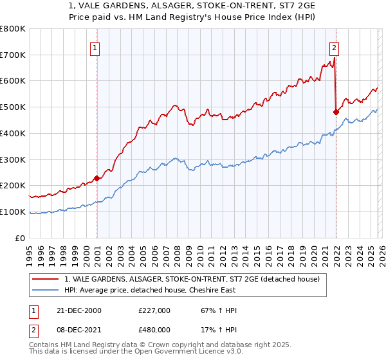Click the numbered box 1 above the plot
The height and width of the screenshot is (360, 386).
pos(95,46)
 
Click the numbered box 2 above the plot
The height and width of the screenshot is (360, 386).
pos(335,46)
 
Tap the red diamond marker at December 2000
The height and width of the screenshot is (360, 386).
pos(96,178)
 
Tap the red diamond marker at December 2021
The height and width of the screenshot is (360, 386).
pos(336,112)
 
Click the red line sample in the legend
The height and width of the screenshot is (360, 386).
pos(46,278)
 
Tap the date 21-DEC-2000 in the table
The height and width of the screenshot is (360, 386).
pos(79,310)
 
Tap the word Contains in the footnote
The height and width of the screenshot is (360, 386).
pos(45,346)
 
